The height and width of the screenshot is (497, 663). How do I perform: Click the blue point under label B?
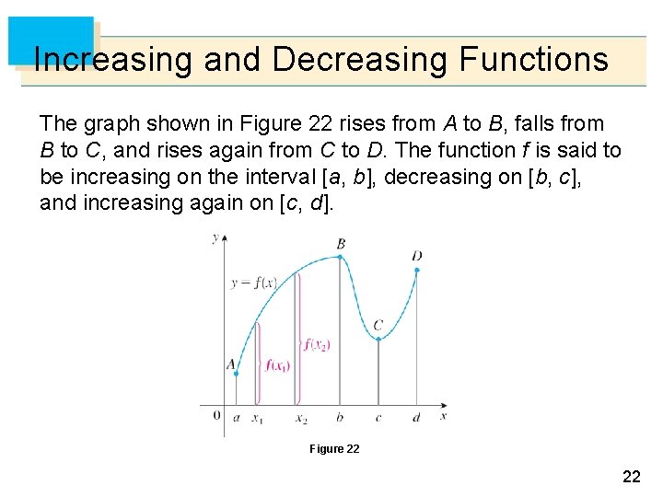tap(342, 257)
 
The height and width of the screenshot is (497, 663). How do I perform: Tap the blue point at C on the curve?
tap(378, 339)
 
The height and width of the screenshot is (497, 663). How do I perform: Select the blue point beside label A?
tap(236, 373)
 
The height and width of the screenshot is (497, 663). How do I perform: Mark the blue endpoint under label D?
tap(417, 270)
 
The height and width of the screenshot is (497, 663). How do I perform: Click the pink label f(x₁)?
tap(278, 365)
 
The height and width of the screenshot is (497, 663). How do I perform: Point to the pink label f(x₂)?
tap(317, 345)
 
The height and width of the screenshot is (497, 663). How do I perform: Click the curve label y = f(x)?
tap(254, 283)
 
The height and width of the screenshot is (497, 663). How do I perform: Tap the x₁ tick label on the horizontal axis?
tap(258, 419)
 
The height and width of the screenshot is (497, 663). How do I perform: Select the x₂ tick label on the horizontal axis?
tap(301, 419)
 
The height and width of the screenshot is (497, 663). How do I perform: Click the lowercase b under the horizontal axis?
tap(340, 417)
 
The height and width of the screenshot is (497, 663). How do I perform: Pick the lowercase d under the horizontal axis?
tap(416, 417)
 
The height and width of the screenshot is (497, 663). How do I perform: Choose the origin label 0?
tap(217, 415)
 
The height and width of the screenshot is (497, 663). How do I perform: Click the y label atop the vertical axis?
tap(215, 237)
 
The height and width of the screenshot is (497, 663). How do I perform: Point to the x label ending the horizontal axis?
tap(444, 416)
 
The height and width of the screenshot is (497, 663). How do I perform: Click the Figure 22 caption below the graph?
tap(334, 448)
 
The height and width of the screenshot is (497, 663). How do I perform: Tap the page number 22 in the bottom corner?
tap(632, 476)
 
